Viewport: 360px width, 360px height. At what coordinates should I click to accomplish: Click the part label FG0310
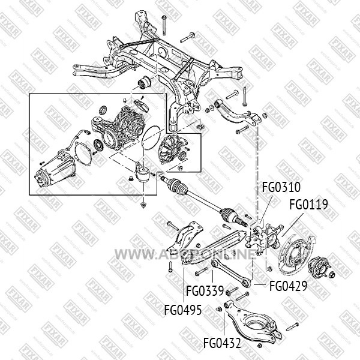pos(281,187)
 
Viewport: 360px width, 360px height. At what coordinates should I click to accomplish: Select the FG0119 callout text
pos(308,205)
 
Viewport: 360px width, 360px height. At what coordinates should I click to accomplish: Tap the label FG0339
pos(205,291)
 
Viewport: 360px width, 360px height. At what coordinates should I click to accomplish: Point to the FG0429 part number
pos(288,286)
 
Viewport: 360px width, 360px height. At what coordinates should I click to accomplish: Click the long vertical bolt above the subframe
pos(163,25)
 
